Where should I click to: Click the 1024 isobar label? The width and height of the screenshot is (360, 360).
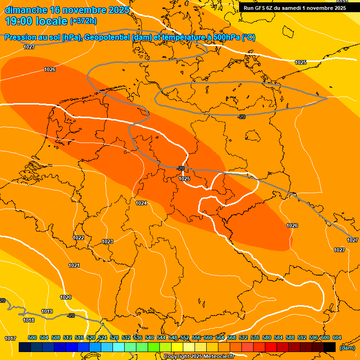(141, 203)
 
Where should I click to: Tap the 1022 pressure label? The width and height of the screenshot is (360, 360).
(78, 238)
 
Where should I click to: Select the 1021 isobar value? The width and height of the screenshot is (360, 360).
(74, 265)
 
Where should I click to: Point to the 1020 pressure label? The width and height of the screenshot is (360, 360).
(66, 297)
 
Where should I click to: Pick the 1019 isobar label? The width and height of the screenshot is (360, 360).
(47, 311)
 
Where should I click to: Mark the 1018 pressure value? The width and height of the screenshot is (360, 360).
(29, 320)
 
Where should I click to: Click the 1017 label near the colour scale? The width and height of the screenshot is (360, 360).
(10, 338)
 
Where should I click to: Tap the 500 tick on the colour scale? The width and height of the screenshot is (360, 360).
(32, 337)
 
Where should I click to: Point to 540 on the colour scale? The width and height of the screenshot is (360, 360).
(150, 337)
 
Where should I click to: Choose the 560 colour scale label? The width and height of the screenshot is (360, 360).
(208, 337)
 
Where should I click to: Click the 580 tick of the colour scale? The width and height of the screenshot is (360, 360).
(267, 337)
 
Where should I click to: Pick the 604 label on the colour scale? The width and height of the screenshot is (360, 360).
(337, 337)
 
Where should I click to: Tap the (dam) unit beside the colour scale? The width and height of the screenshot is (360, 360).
(347, 348)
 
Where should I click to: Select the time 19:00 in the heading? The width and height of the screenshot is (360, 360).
(19, 21)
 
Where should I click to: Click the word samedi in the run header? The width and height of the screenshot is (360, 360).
(290, 8)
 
